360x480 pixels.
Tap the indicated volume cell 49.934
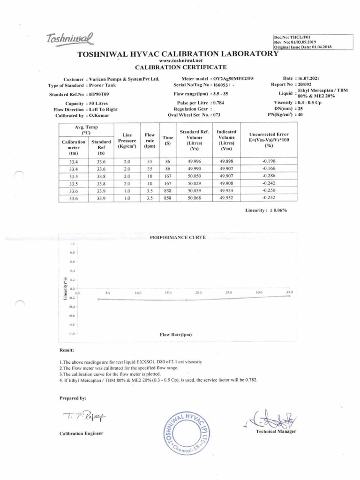227,191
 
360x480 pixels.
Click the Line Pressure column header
127,140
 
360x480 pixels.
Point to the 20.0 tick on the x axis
198,292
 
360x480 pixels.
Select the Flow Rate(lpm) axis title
176,335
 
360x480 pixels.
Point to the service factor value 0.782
250,380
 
